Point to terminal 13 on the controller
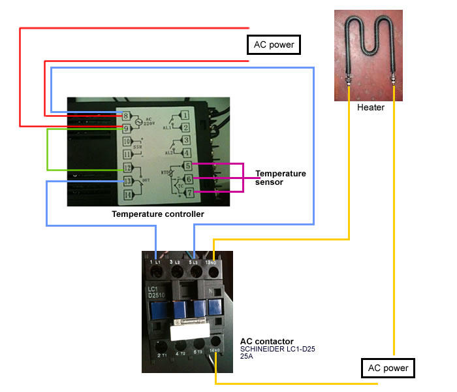[x=129, y=180]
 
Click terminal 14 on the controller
[x=129, y=193]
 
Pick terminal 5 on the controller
[x=187, y=167]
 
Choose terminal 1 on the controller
[x=185, y=116]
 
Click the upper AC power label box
[x=274, y=45]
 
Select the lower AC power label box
[x=388, y=368]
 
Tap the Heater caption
[x=371, y=107]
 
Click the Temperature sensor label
[x=280, y=178]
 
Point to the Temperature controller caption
[x=158, y=214]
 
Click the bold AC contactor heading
[x=267, y=341]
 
